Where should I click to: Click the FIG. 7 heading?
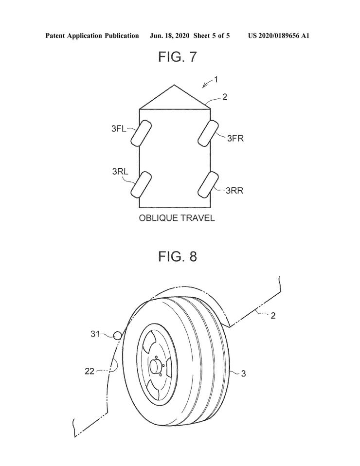pyautogui.click(x=177, y=56)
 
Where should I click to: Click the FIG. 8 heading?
pyautogui.click(x=178, y=256)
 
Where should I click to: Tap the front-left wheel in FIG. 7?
pyautogui.click(x=141, y=133)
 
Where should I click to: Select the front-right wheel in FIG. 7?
pyautogui.click(x=208, y=133)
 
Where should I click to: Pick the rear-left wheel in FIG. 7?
pyautogui.click(x=141, y=184)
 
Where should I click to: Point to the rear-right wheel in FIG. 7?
pyautogui.click(x=208, y=184)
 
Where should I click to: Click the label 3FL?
pyautogui.click(x=119, y=129)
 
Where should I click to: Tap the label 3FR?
pyautogui.click(x=235, y=138)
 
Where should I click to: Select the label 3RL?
pyautogui.click(x=120, y=172)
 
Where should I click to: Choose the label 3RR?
pyautogui.click(x=234, y=191)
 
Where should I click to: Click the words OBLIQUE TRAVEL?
pyautogui.click(x=177, y=218)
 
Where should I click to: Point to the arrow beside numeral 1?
pyautogui.click(x=207, y=84)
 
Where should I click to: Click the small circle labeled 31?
pyautogui.click(x=118, y=336)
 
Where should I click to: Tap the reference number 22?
pyautogui.click(x=90, y=371)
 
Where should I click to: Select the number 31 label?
pyautogui.click(x=95, y=334)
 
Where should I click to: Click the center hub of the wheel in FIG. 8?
pyautogui.click(x=156, y=365)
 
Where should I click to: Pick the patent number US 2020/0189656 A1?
pyautogui.click(x=279, y=36)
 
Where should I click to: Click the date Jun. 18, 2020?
pyautogui.click(x=169, y=36)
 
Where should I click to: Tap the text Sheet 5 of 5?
pyautogui.click(x=211, y=36)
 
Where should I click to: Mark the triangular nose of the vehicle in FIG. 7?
pyautogui.click(x=175, y=97)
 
